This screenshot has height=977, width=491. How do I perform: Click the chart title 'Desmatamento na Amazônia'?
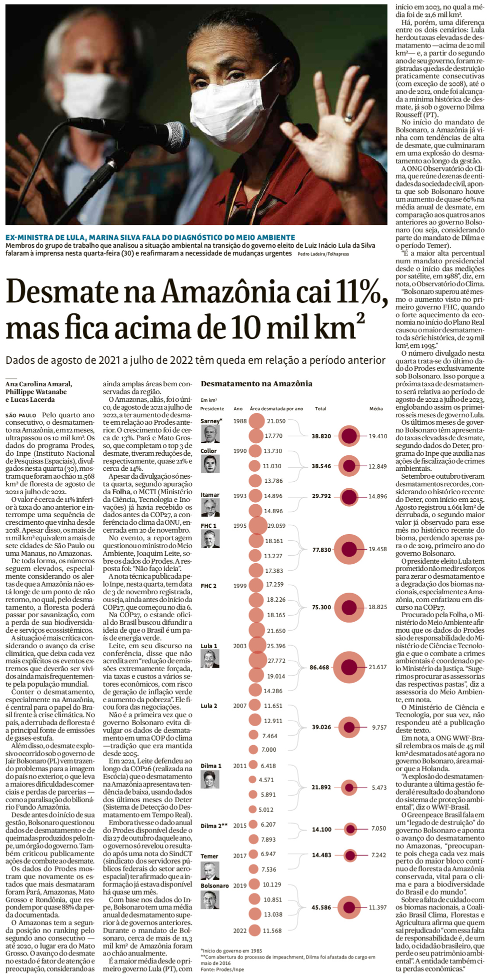coord(256,384)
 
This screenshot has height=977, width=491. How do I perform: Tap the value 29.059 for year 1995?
coord(276,526)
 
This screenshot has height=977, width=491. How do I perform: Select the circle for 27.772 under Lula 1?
coord(258,661)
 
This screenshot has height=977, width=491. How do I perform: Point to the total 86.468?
coord(319,667)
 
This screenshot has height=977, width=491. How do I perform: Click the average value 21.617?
coord(377,667)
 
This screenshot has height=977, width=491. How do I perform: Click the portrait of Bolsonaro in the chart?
coord(210,914)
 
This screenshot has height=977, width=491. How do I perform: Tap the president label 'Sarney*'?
coord(211,421)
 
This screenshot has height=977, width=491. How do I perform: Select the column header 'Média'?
coord(376,409)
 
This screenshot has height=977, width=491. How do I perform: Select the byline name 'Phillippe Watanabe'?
coord(36,392)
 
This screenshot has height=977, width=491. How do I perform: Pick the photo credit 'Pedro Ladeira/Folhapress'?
coord(323,254)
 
